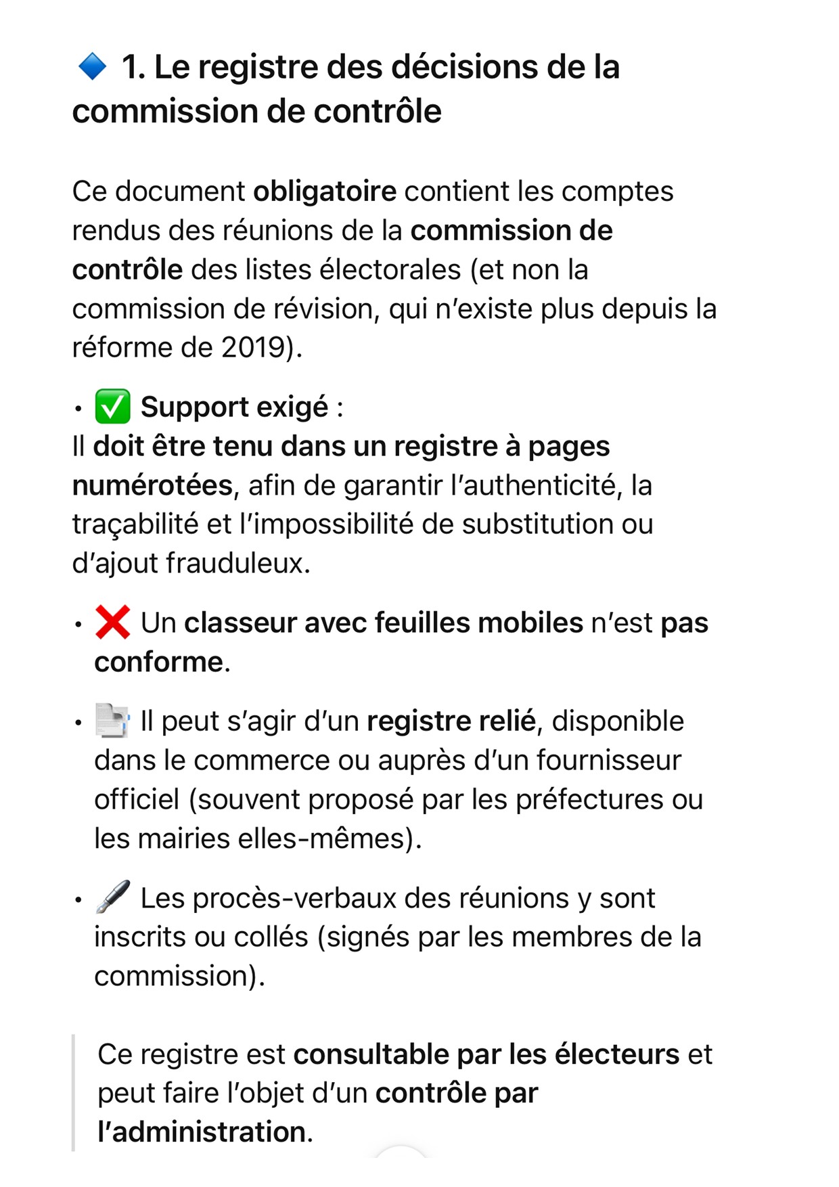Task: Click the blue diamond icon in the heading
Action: pyautogui.click(x=92, y=66)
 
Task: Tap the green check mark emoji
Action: pyautogui.click(x=112, y=407)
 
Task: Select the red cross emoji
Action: pyautogui.click(x=112, y=622)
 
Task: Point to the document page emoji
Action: pyautogui.click(x=112, y=721)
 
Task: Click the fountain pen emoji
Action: pyautogui.click(x=112, y=897)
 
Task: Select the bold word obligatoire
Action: pyautogui.click(x=325, y=192)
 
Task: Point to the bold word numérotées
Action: pyautogui.click(x=152, y=485)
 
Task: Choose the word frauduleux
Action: pyautogui.click(x=238, y=563)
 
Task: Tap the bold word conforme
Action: pyautogui.click(x=158, y=662)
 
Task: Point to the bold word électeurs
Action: pyautogui.click(x=616, y=1054)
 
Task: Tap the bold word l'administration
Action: pyautogui.click(x=201, y=1132)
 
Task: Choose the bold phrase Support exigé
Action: pyautogui.click(x=234, y=407)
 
